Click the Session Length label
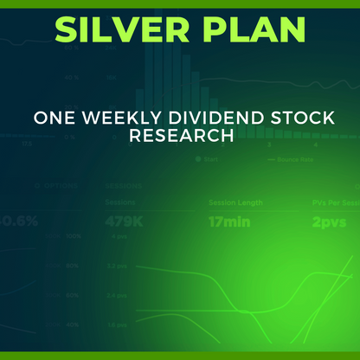(235, 202)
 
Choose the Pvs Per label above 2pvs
(332, 202)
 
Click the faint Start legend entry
(208, 160)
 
